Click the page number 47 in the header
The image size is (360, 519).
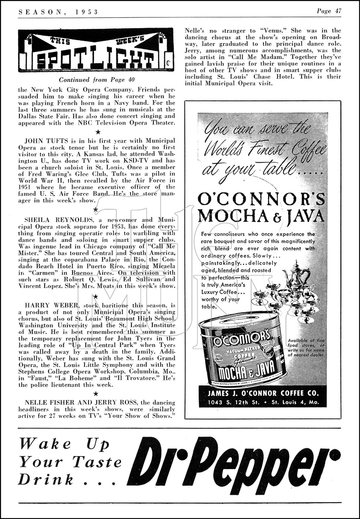click(337, 11)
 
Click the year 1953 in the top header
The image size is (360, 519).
click(87, 12)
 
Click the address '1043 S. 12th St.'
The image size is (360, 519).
click(234, 402)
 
